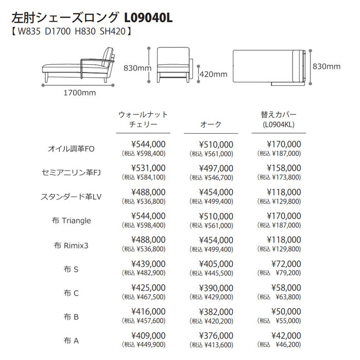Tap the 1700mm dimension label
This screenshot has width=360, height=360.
tap(80, 93)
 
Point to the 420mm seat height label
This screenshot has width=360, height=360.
tap(213, 74)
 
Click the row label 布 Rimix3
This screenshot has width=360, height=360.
tap(70, 244)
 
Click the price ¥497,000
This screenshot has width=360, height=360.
tap(216, 168)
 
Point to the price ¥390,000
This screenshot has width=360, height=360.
tap(216, 287)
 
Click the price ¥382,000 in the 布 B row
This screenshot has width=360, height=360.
tap(216, 311)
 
